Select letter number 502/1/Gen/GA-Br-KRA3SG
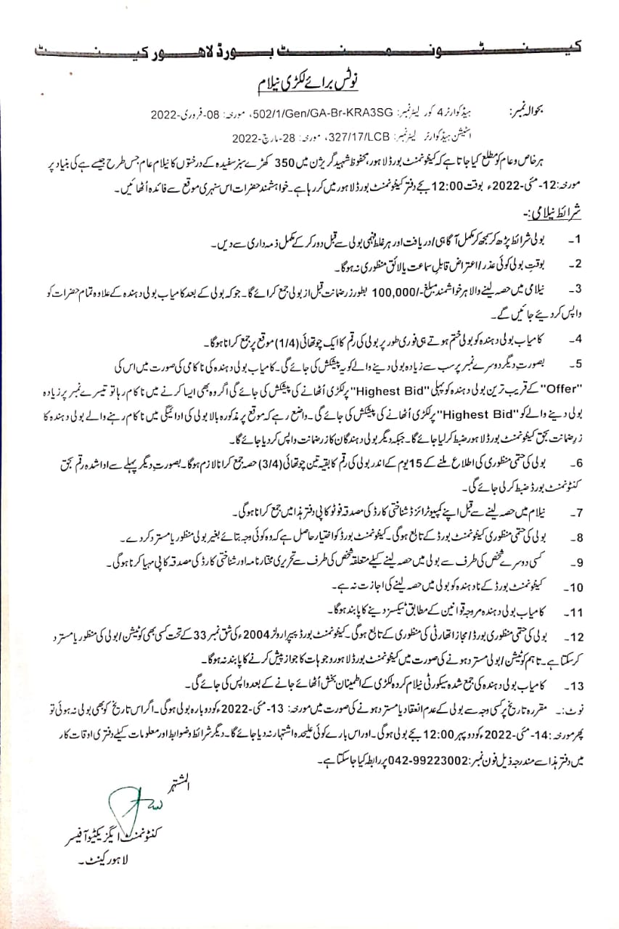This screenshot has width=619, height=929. coord(338,115)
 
